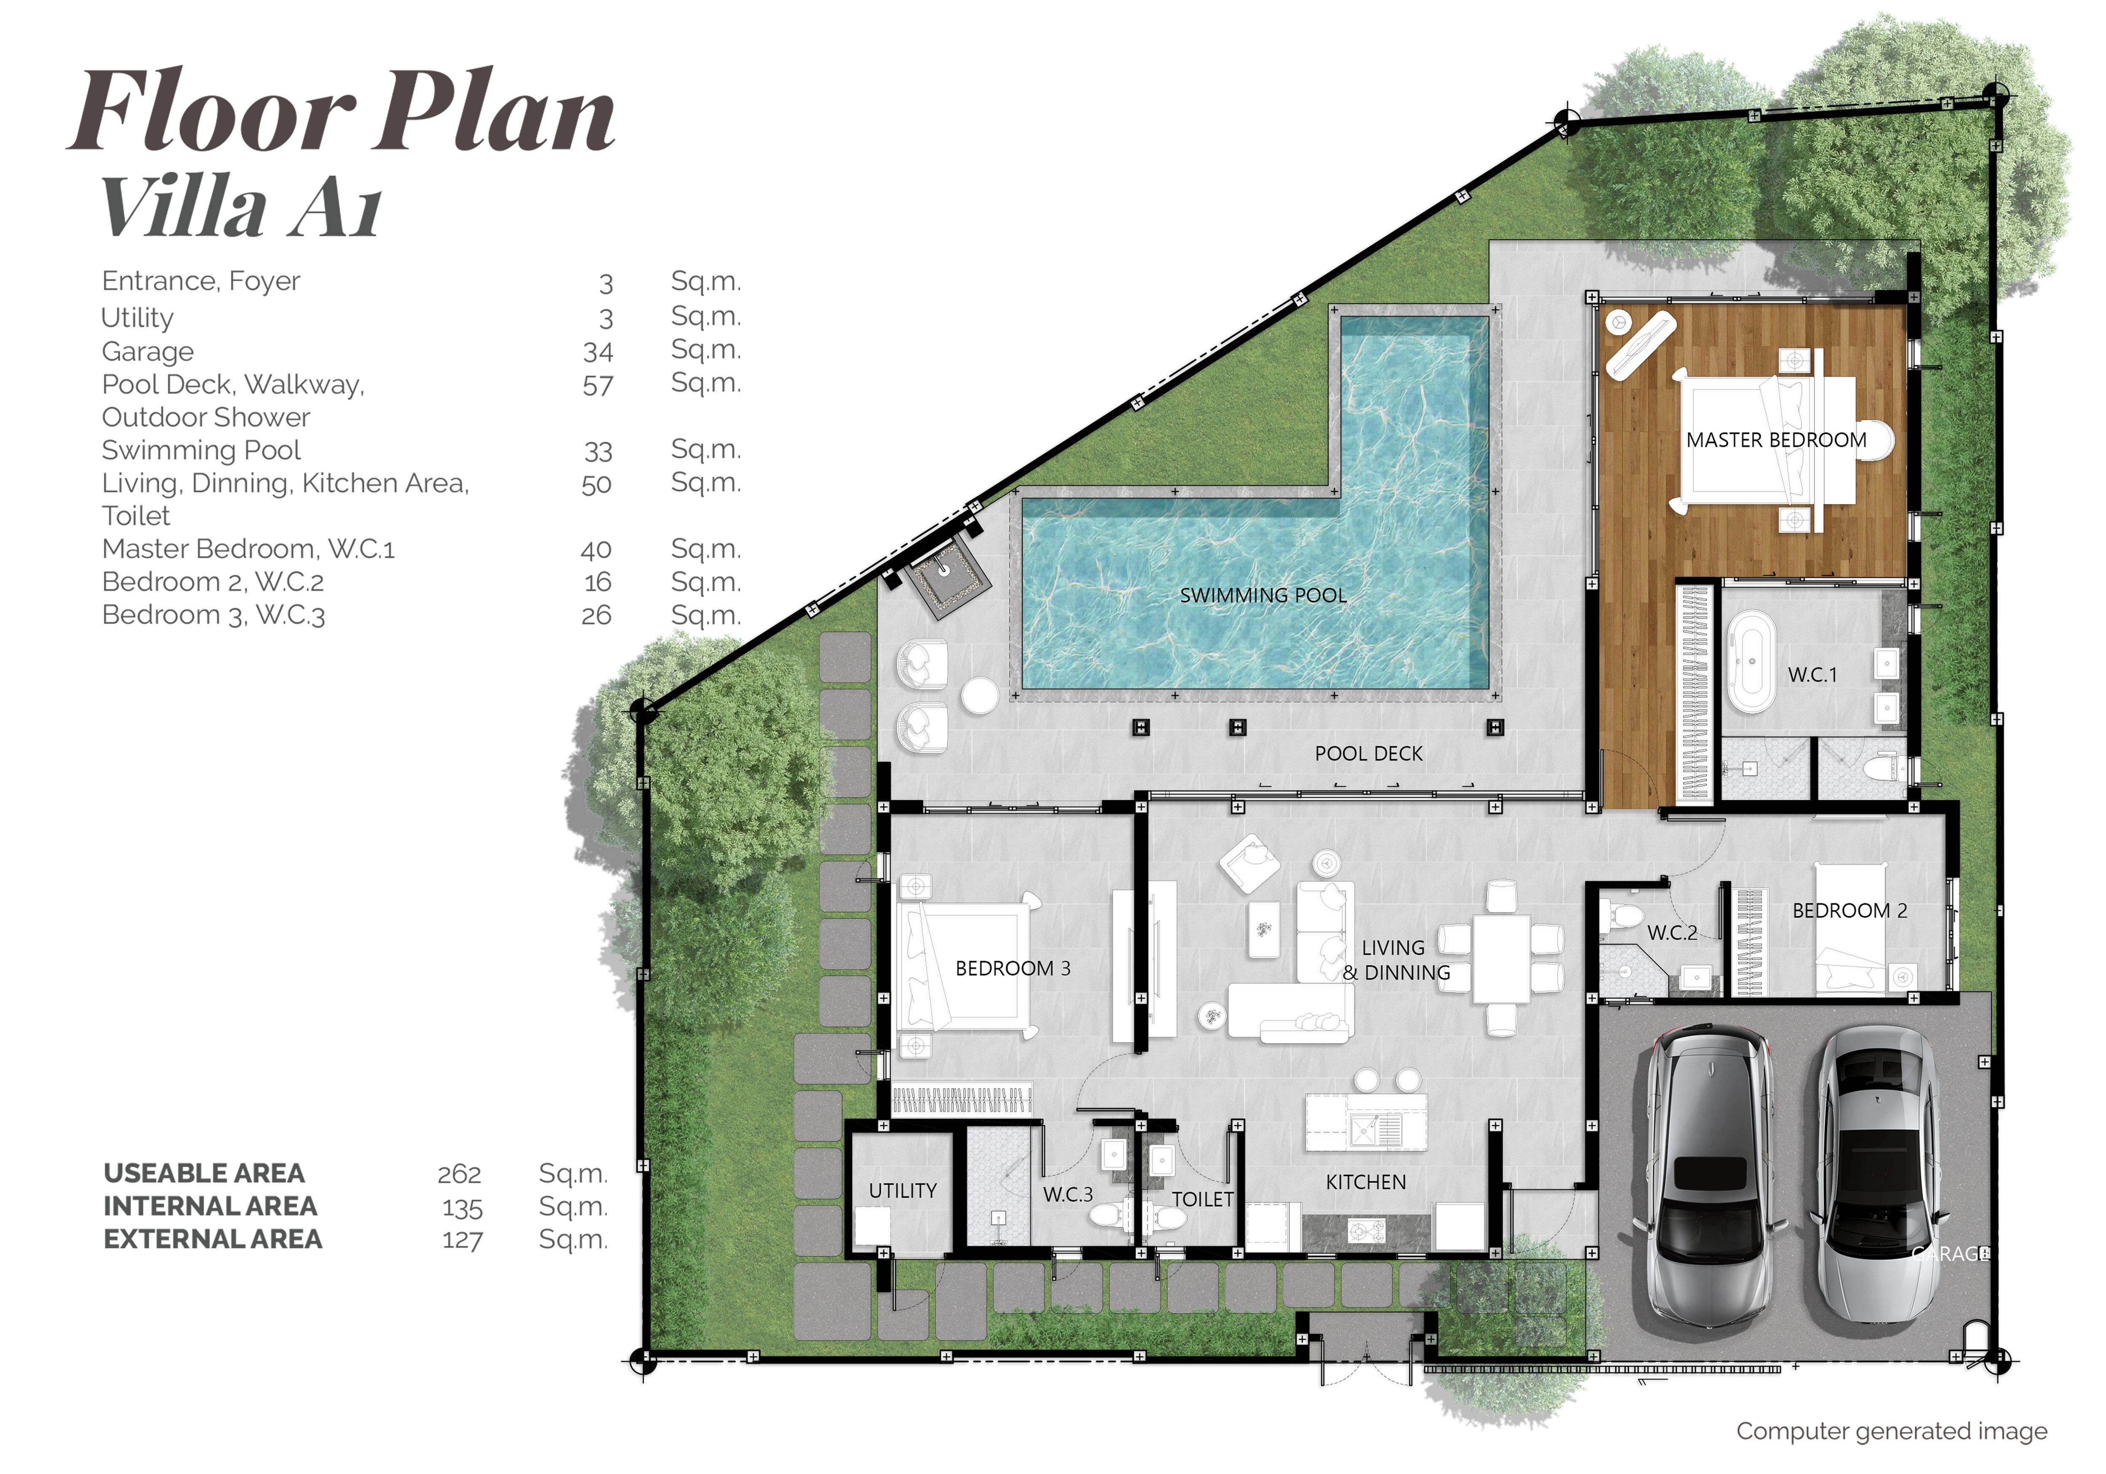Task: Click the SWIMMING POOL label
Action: tap(1263, 595)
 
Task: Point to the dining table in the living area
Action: tap(1501, 959)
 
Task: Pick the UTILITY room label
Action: tap(903, 1191)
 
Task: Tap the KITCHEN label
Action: tap(1366, 1182)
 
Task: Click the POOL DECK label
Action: tap(1368, 754)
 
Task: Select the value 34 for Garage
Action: tap(598, 351)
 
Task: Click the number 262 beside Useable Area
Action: tap(460, 1174)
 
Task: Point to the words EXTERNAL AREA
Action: tap(213, 1239)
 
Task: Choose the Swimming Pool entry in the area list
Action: tap(202, 450)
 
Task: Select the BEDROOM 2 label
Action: tap(1850, 911)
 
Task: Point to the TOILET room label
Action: tap(1203, 1200)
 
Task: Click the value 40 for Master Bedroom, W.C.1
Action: tap(596, 550)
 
